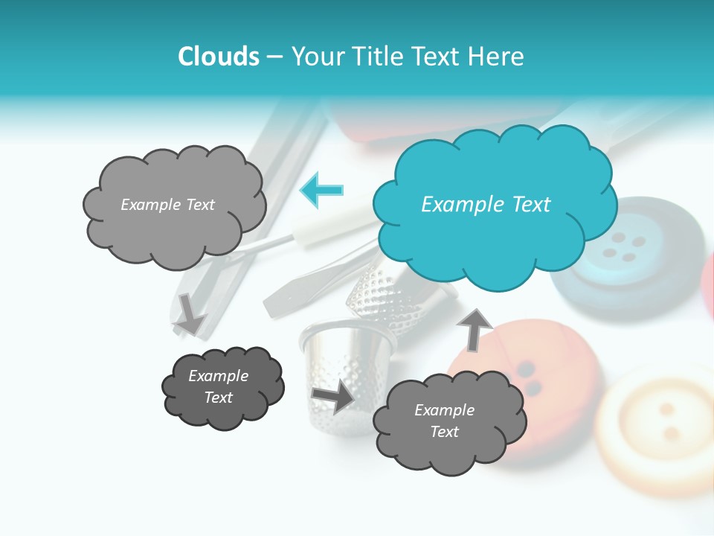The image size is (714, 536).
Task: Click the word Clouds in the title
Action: [x=219, y=57]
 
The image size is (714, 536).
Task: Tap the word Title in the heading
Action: [x=374, y=57]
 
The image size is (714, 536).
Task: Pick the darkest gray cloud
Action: [x=222, y=387]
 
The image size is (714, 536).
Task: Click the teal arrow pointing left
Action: [x=322, y=190]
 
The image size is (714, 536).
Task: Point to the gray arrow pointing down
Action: [x=191, y=313]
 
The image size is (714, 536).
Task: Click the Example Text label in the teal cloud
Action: [x=486, y=205]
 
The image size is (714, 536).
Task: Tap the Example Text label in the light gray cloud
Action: [x=167, y=205]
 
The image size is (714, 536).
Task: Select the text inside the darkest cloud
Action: [x=218, y=387]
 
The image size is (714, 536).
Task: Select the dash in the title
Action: [x=274, y=57]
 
